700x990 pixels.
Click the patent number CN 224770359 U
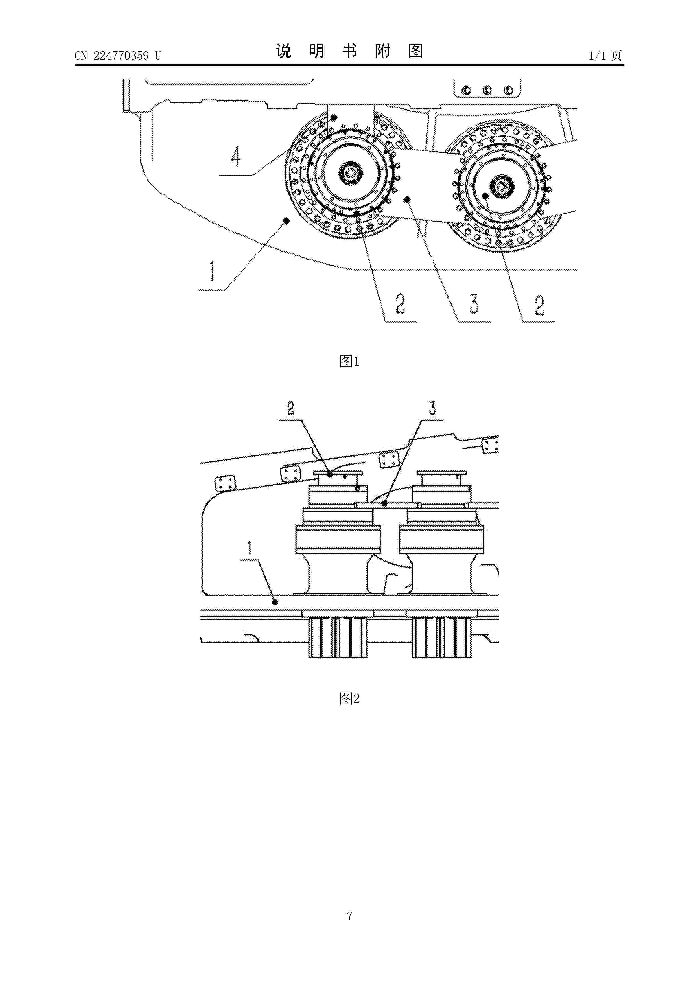tap(118, 56)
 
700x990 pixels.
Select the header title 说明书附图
tap(349, 51)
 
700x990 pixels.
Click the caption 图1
tap(349, 361)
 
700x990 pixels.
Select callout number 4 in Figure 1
tap(235, 157)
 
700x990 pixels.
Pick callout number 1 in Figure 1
tap(212, 271)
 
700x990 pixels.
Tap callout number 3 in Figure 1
tap(474, 304)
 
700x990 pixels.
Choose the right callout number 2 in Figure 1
tap(540, 306)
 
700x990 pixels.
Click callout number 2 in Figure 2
tap(291, 408)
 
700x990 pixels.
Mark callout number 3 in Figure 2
tap(432, 408)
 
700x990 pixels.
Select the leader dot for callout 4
tap(333, 117)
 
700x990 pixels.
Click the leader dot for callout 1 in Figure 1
tap(286, 221)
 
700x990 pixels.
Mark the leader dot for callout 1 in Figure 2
tap(275, 602)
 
